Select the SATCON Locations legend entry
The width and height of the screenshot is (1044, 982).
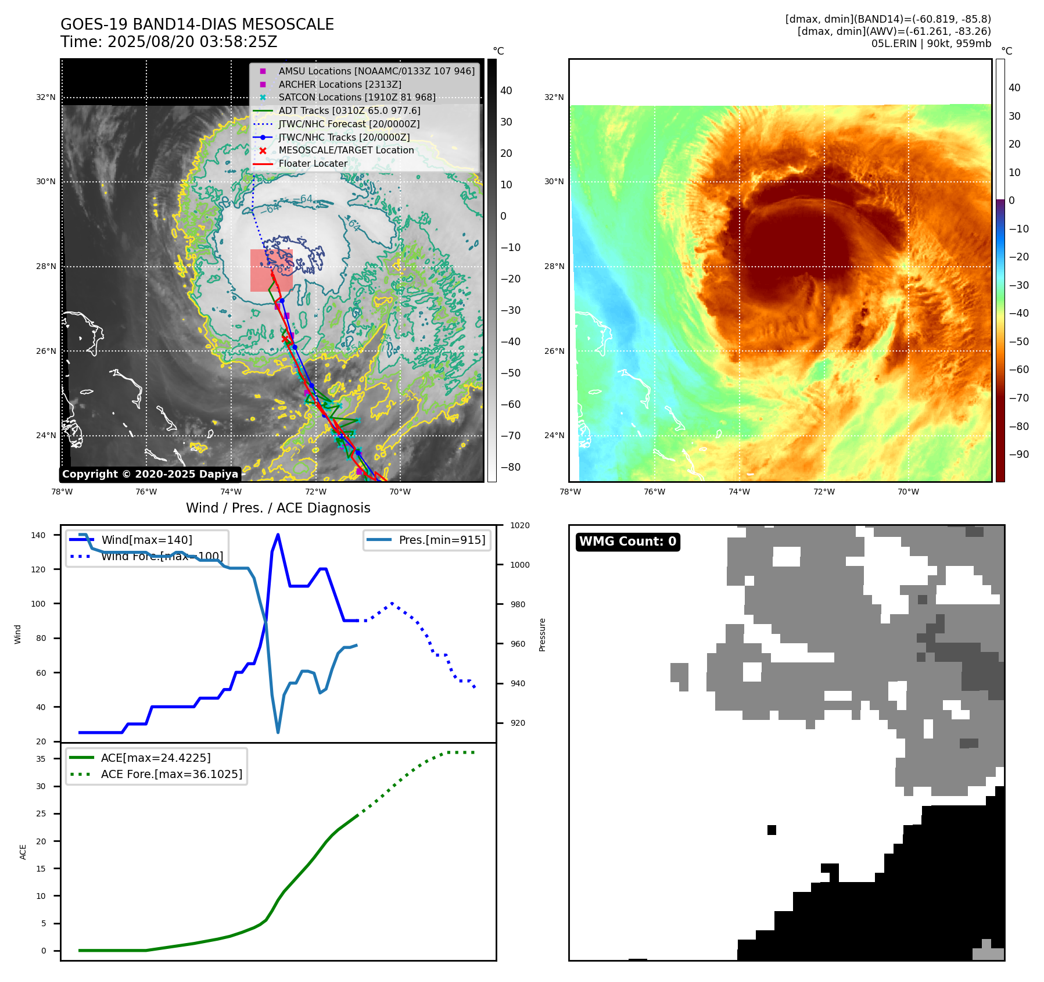click(x=357, y=97)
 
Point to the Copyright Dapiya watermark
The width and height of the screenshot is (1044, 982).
click(x=150, y=474)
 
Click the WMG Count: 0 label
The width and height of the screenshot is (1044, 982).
click(x=627, y=542)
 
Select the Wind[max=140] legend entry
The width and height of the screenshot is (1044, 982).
click(x=146, y=540)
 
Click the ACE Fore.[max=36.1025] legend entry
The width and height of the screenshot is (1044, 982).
click(x=171, y=774)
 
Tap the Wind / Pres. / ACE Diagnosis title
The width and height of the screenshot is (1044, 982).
click(x=278, y=508)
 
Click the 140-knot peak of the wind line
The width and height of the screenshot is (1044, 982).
click(x=278, y=535)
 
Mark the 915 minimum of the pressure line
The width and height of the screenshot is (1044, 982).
click(x=278, y=732)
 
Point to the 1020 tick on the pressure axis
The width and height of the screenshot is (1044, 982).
click(x=519, y=525)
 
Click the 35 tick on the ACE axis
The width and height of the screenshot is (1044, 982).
click(x=41, y=758)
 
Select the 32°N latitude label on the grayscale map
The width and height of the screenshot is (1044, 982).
click(x=45, y=97)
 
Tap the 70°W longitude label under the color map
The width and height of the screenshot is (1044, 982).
click(x=908, y=492)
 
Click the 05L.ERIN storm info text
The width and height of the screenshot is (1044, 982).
click(x=931, y=44)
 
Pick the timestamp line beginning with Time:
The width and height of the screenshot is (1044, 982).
click(x=168, y=42)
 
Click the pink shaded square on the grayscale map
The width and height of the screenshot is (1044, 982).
click(x=271, y=270)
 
